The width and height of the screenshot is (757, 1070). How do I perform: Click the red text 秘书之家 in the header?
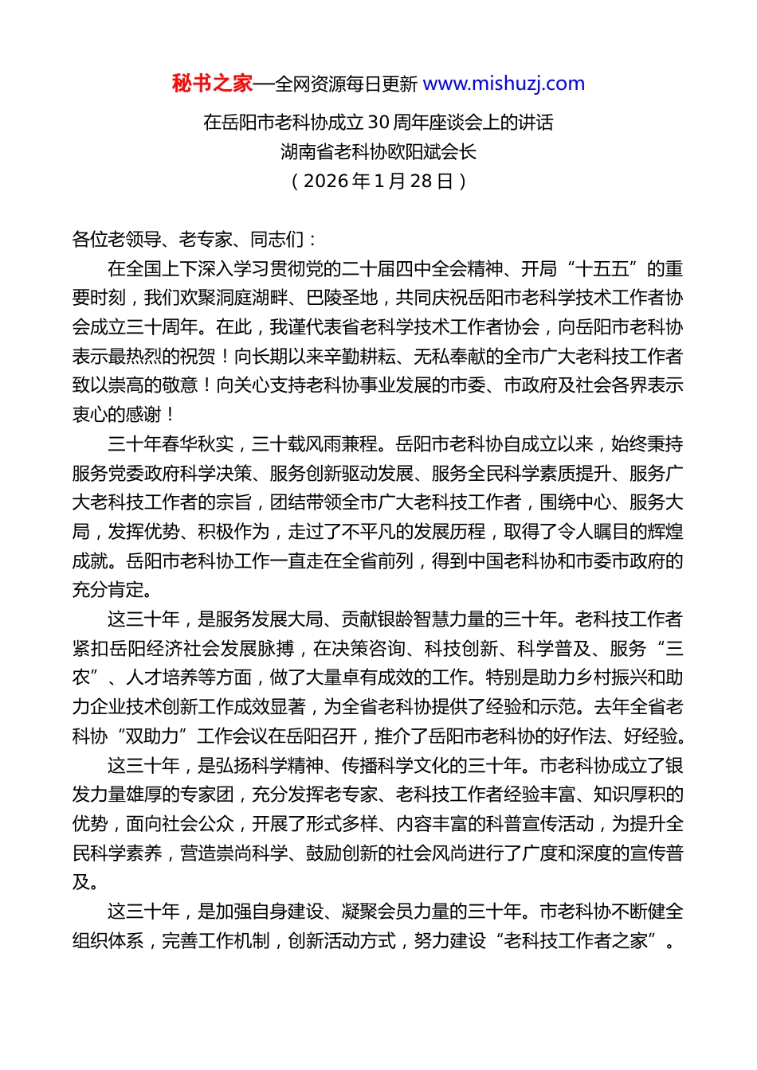(212, 84)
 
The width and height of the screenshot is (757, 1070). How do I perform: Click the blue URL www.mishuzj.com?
(504, 84)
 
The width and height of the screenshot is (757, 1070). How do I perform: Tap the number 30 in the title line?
(378, 123)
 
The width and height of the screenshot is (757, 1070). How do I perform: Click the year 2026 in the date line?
(326, 181)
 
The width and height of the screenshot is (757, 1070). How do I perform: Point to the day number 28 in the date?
(420, 181)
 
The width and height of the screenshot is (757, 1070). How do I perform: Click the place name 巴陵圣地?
(341, 298)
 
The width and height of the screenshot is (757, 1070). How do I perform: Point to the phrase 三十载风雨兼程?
(315, 444)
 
